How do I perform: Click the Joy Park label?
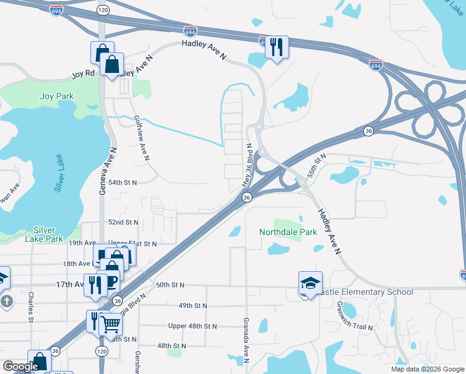pos(57,96)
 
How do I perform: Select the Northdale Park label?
pos(288,232)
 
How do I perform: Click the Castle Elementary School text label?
pos(365,292)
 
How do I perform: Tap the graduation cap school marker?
pos(310,283)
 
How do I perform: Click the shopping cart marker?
pos(110,324)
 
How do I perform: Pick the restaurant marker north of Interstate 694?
pos(277,47)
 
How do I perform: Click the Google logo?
pos(20,367)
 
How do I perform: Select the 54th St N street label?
pos(122,183)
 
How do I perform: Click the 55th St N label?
pos(316,165)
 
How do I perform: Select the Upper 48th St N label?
pos(193,326)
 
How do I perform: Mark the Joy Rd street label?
pos(82,73)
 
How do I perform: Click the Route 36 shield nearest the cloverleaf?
pos(368,130)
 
